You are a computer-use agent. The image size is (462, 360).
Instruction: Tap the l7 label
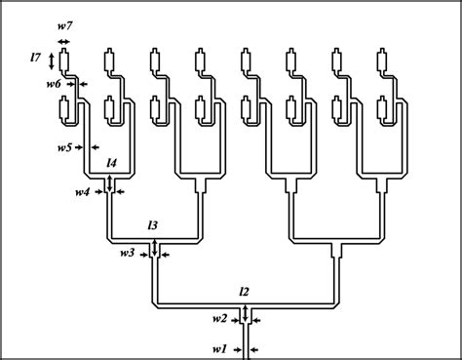(x=36, y=60)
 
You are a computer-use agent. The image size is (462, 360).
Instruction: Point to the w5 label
(x=63, y=146)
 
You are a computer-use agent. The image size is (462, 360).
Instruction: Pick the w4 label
(x=82, y=191)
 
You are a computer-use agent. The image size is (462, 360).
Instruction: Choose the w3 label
(x=127, y=254)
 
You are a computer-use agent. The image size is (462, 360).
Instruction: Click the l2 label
(x=245, y=291)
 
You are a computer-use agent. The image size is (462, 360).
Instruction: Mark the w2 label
(x=219, y=318)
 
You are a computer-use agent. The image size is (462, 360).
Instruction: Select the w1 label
(x=219, y=347)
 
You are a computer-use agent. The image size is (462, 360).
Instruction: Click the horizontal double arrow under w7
(x=63, y=42)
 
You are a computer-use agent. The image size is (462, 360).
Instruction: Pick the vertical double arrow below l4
(x=111, y=182)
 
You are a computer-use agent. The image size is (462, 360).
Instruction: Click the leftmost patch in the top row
(x=63, y=61)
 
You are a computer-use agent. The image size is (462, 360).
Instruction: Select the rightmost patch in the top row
(x=382, y=61)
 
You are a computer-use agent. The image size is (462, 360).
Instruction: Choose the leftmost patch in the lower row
(x=63, y=110)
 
